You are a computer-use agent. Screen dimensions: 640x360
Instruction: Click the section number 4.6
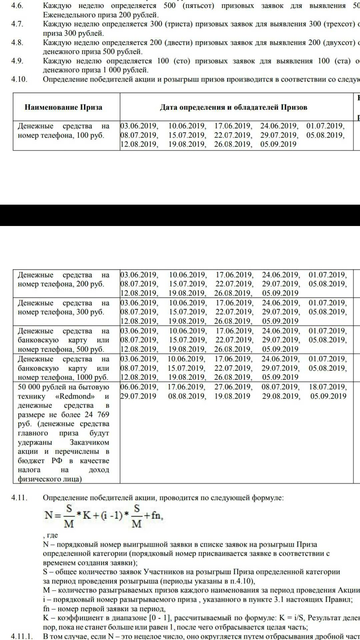click(17, 6)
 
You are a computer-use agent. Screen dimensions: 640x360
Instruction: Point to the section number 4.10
click(19, 79)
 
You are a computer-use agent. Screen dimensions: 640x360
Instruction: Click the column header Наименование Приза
click(63, 107)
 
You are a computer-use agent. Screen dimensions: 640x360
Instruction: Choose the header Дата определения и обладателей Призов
click(234, 107)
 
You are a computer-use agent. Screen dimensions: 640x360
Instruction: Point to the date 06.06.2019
click(139, 387)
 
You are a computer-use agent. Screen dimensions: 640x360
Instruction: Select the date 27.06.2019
click(232, 387)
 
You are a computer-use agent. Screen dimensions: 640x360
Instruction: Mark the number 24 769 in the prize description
click(97, 415)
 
